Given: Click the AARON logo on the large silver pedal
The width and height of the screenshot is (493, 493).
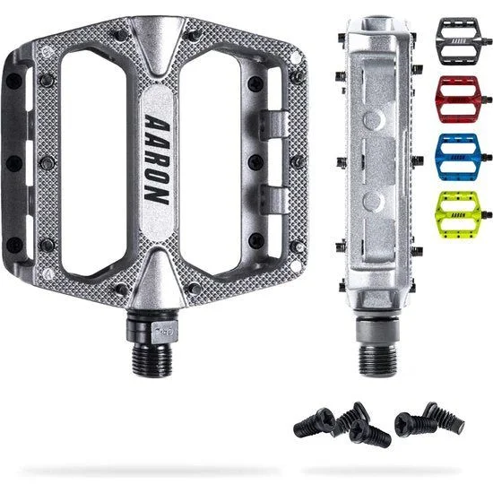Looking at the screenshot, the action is coord(157,160).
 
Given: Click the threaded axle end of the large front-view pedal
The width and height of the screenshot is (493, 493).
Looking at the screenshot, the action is coord(152,360).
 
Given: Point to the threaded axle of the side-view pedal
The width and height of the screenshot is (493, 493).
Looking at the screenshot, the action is coord(377,359).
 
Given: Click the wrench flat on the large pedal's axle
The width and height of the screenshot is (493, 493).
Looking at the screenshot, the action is coord(164,332).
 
